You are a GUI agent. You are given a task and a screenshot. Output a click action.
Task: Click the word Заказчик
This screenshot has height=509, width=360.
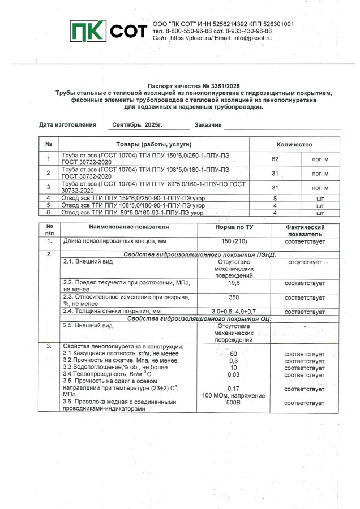coord(208,124)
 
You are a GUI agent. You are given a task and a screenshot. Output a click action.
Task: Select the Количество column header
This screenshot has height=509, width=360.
coord(294,145)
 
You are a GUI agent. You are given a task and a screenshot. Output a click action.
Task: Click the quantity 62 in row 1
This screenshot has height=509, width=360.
coord(276,159)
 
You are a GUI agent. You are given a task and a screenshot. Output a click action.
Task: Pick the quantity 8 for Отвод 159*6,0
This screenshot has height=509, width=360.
coord(275,199)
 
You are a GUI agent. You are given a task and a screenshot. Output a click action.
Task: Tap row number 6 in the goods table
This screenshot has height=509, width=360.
coord(49,213)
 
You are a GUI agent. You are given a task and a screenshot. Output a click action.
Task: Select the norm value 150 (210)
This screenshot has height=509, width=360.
coord(233,241)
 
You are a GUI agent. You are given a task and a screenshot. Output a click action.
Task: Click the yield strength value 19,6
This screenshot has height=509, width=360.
coord(233,282)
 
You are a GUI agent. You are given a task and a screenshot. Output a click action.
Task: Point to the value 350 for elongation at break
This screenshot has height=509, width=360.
coord(233,297)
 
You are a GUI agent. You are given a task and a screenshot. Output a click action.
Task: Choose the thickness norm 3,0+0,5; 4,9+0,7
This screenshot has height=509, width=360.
coord(234,312)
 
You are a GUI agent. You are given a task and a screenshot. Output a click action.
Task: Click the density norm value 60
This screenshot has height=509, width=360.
coord(233,354)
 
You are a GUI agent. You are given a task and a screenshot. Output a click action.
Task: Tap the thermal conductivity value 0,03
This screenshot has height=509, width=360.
coord(233,374)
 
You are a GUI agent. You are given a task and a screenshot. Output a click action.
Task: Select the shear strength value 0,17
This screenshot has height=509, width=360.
coord(233,389)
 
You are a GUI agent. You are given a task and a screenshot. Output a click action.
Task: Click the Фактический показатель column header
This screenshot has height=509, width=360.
coord(305,230)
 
